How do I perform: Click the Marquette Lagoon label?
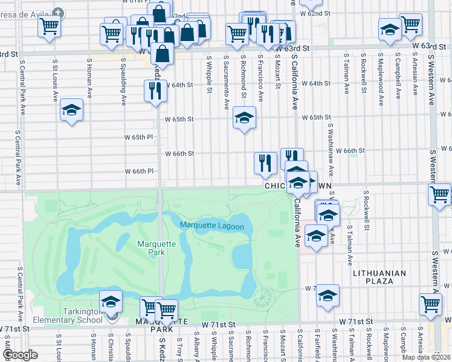coord(211,226)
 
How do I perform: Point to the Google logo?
coord(20,355)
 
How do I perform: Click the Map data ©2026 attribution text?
coord(427,357)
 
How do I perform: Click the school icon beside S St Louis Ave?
coord(71,112)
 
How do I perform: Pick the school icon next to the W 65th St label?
coord(244,118)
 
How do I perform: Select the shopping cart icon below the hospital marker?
coord(48,26)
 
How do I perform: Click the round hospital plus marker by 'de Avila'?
coord(57,12)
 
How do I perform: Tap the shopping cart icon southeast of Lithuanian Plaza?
coord(431,303)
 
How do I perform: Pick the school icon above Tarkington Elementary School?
coord(111,301)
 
